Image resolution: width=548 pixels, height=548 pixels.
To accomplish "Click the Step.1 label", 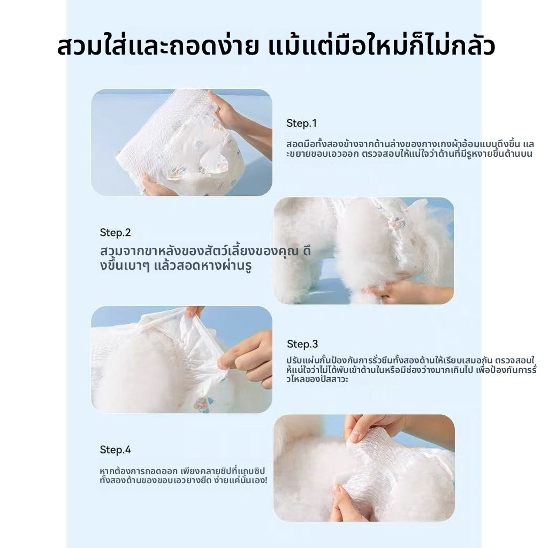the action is point(301,123).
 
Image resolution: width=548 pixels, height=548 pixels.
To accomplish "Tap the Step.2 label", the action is point(115,232).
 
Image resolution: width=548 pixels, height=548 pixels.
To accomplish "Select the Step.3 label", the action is point(302,344).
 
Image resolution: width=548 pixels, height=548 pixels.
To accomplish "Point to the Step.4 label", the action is point(116,450).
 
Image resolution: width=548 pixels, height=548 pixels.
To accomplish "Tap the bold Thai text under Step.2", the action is point(205,258).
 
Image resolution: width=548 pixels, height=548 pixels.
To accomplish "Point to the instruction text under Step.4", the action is point(184,475).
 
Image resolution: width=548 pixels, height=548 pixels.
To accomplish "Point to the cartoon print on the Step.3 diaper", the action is point(204,405).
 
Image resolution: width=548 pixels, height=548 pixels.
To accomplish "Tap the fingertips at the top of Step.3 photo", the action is point(193,311).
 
